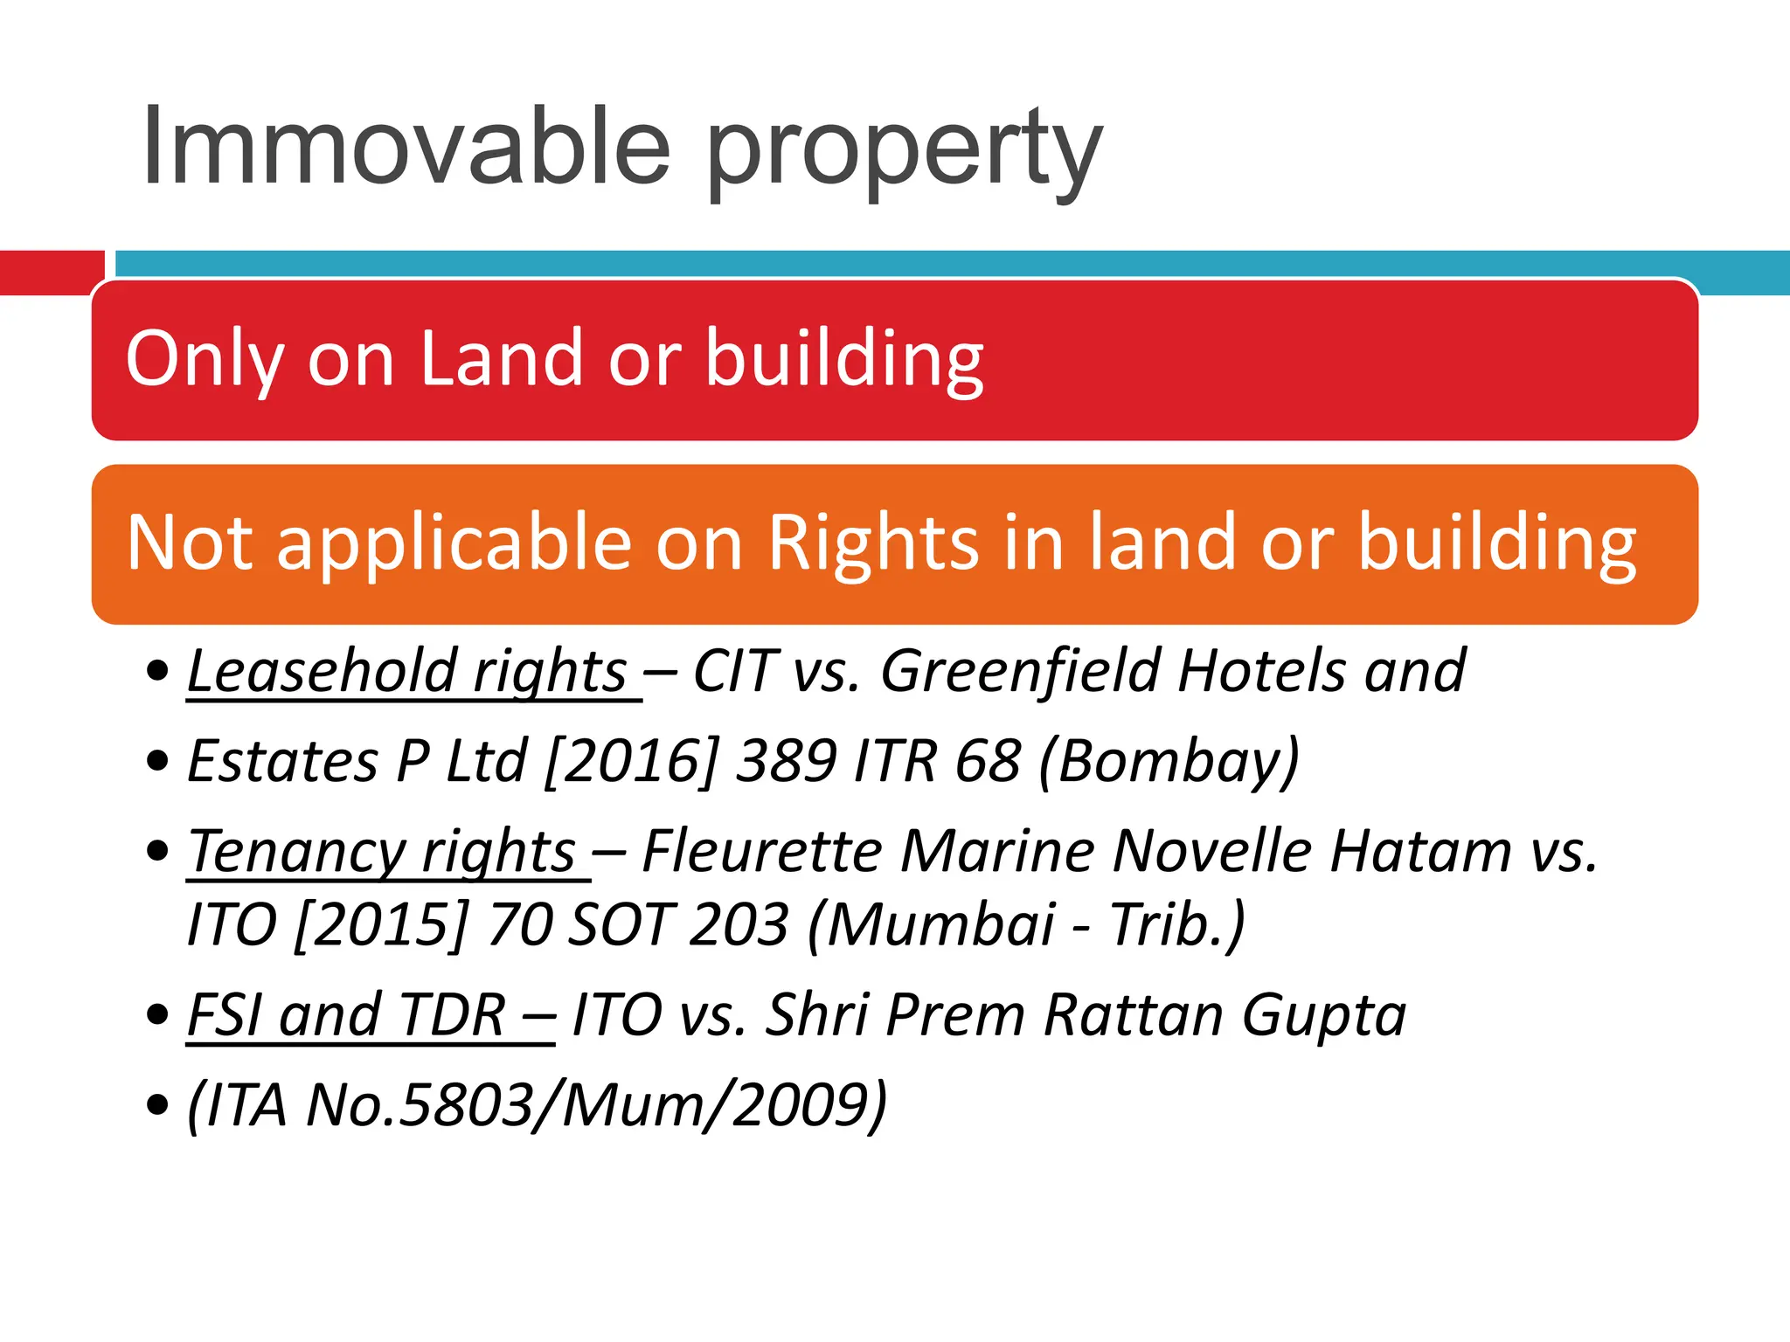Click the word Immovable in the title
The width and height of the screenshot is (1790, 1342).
tap(406, 147)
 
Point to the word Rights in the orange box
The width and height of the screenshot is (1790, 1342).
tap(872, 543)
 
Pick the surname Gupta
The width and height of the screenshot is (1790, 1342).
tap(1323, 1015)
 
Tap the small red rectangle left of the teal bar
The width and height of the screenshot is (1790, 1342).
tap(51, 272)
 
